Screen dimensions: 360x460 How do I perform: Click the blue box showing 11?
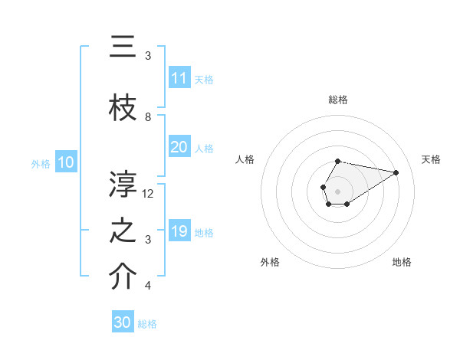pyautogui.click(x=179, y=77)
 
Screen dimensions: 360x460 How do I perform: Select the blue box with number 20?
pyautogui.click(x=179, y=147)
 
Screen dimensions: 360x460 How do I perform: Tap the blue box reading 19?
pyautogui.click(x=179, y=231)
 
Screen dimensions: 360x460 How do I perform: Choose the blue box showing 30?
pyautogui.click(x=123, y=322)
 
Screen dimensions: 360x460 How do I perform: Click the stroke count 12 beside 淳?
pyautogui.click(x=149, y=193)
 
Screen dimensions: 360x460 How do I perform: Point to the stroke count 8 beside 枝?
pyautogui.click(x=148, y=116)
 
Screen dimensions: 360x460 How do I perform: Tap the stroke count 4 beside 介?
pyautogui.click(x=148, y=286)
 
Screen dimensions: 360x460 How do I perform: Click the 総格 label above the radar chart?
pyautogui.click(x=337, y=100)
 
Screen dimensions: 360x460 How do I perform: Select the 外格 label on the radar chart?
pyautogui.click(x=270, y=262)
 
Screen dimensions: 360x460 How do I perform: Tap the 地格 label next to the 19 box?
pyautogui.click(x=204, y=232)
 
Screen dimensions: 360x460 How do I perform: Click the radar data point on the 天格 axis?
pyautogui.click(x=397, y=172)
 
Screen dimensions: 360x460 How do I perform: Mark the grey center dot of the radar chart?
pyautogui.click(x=337, y=190)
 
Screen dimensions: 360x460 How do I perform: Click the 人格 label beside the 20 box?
pyautogui.click(x=204, y=148)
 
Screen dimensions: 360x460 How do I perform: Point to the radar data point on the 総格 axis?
pyautogui.click(x=337, y=161)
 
